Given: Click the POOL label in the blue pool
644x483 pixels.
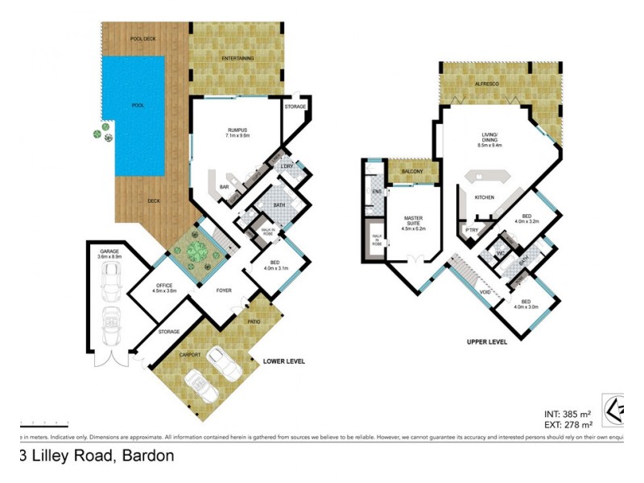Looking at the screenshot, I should click(139, 105).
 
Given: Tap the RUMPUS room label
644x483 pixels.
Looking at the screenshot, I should click(237, 132).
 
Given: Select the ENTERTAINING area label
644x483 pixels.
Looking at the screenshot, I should click(237, 58).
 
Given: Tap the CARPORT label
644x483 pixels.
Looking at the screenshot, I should click(190, 354).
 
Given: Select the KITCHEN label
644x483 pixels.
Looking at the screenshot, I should click(483, 197).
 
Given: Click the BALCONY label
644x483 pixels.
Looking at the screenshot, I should click(414, 171).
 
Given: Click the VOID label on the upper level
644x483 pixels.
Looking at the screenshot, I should click(485, 293).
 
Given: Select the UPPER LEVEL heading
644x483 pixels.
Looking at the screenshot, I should click(487, 342).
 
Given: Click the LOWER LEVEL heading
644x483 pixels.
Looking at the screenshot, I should click(284, 361).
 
